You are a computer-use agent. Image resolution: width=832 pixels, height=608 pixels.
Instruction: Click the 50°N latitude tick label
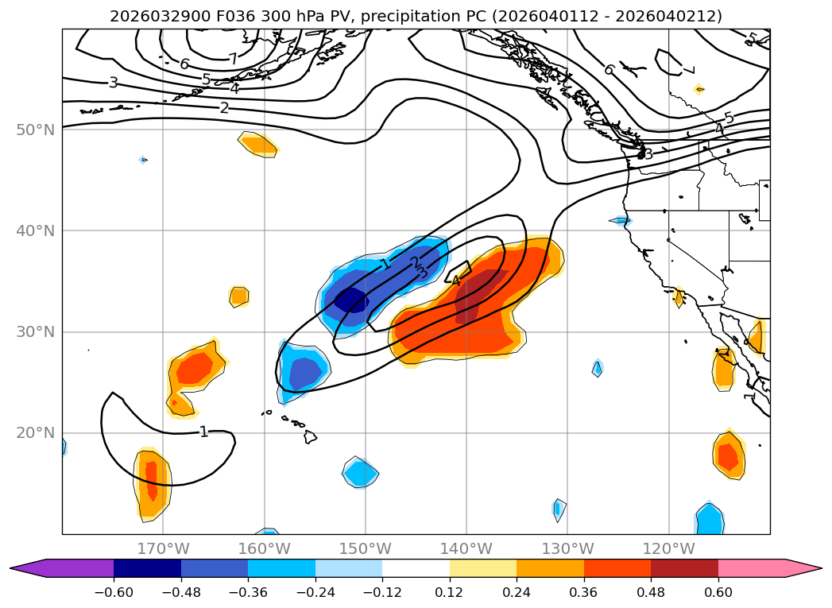(x=35, y=130)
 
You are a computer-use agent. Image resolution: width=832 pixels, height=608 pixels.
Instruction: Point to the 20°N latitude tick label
(x=35, y=433)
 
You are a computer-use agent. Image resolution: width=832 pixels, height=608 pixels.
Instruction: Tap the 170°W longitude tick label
(x=163, y=549)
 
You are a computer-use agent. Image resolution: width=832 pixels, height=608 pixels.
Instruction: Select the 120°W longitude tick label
(x=668, y=549)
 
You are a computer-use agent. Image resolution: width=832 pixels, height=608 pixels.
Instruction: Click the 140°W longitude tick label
(x=466, y=549)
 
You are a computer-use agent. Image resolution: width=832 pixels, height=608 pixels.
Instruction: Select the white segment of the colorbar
(x=416, y=567)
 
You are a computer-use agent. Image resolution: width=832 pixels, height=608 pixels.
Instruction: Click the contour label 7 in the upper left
(x=233, y=59)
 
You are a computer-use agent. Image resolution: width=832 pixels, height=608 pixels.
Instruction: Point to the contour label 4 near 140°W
(x=455, y=280)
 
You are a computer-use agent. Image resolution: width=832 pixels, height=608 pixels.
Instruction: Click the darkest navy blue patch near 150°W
(x=351, y=300)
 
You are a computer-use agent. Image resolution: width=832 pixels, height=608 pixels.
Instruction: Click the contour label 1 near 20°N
(x=204, y=432)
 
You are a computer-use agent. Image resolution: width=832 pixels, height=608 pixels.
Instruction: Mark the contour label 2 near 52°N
(x=224, y=107)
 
